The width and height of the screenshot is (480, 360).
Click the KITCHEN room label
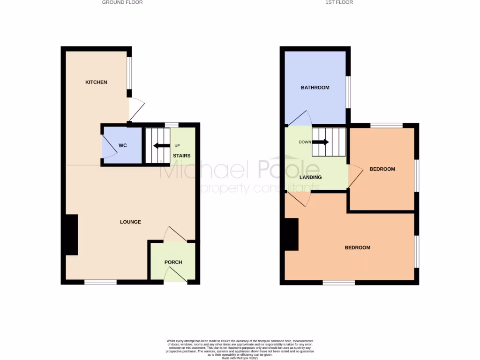(x=96, y=82)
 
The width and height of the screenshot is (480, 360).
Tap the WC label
(x=123, y=146)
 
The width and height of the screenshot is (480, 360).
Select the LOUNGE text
(x=130, y=222)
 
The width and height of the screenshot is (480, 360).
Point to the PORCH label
(x=173, y=262)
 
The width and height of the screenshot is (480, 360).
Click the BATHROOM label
(x=315, y=88)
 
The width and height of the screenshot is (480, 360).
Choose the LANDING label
(x=310, y=178)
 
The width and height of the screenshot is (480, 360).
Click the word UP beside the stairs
(x=177, y=145)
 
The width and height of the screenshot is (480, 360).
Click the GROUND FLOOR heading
(x=122, y=2)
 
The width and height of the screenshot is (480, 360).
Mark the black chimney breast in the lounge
(x=71, y=235)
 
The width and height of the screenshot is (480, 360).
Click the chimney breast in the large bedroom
(x=291, y=235)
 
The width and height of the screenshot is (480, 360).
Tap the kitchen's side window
(x=129, y=72)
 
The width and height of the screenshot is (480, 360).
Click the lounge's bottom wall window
(x=100, y=282)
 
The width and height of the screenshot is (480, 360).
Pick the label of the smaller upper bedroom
(x=382, y=169)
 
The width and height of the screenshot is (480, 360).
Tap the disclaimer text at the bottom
(x=240, y=349)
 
